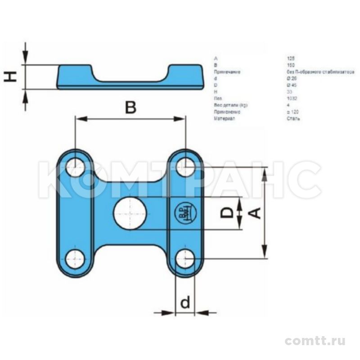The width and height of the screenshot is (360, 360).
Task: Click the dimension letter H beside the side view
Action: pyautogui.click(x=11, y=77)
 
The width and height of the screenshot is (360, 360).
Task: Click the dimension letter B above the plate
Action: pyautogui.click(x=130, y=108)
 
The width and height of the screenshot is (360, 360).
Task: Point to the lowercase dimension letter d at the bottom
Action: pyautogui.click(x=185, y=303)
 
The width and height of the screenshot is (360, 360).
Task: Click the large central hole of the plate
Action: pyautogui.click(x=130, y=213)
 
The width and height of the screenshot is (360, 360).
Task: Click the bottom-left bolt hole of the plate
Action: pyautogui.click(x=75, y=259)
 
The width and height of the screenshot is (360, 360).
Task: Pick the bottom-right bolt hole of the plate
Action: pyautogui.click(x=185, y=259)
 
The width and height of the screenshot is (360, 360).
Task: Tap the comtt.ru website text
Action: pyautogui.click(x=315, y=341)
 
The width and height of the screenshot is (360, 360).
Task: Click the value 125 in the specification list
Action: pyautogui.click(x=290, y=58)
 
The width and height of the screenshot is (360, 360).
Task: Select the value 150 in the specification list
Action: pyautogui.click(x=290, y=65)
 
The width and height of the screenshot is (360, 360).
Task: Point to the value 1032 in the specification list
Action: pyautogui.click(x=291, y=98)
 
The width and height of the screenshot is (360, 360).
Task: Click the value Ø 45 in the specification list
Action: pyautogui.click(x=291, y=85)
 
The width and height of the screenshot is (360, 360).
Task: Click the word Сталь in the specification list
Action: pyautogui.click(x=293, y=118)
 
